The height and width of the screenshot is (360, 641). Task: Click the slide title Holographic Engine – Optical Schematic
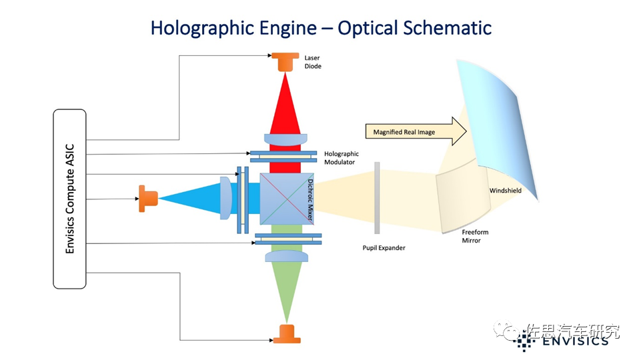[321, 28]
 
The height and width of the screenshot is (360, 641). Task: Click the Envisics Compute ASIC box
[69, 199]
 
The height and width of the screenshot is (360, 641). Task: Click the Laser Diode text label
[312, 62]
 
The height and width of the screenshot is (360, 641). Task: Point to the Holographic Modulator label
[341, 157]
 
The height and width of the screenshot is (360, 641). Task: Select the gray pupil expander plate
[377, 198]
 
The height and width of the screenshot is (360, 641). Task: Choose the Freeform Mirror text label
[472, 236]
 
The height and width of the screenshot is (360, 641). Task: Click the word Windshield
[505, 191]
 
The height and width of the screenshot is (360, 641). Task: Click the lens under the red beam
[286, 140]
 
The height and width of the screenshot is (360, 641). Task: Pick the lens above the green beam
[286, 256]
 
